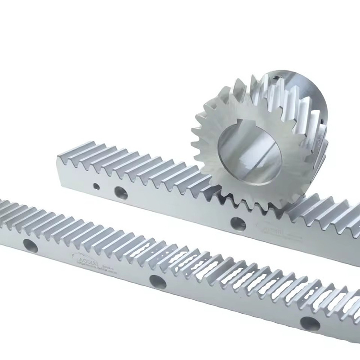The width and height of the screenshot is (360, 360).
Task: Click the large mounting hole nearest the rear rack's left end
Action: (120, 192)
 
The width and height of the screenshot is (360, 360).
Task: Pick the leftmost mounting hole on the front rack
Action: (30, 245)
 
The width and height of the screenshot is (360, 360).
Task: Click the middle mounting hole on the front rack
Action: (158, 282)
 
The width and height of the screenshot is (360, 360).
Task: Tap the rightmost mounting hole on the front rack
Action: (310, 324)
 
